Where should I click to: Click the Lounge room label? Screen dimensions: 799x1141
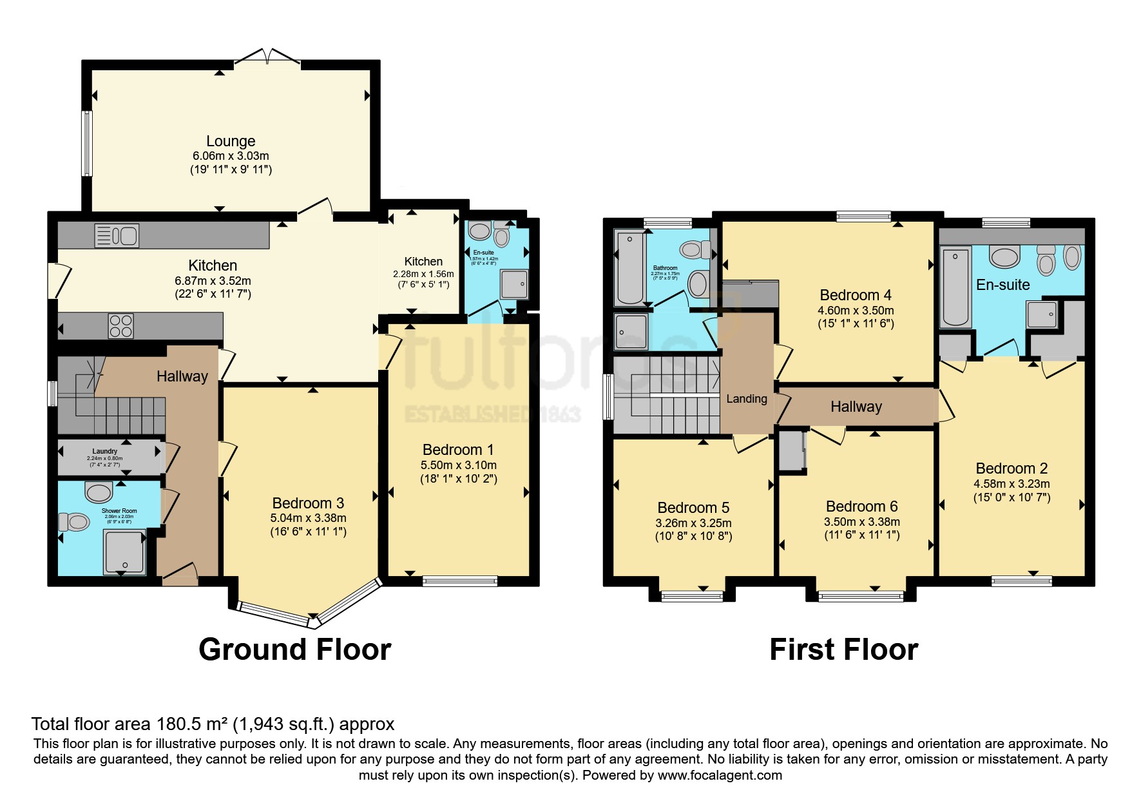pyautogui.click(x=231, y=141)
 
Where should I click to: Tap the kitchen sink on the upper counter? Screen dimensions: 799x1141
pyautogui.click(x=117, y=236)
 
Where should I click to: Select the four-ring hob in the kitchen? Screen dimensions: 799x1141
pyautogui.click(x=120, y=325)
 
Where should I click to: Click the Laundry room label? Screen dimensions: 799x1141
pyautogui.click(x=105, y=452)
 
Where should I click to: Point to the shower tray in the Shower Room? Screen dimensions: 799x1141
pyautogui.click(x=124, y=552)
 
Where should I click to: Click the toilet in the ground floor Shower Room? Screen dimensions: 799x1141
pyautogui.click(x=74, y=521)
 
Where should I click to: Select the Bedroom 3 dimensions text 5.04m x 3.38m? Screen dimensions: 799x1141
pyautogui.click(x=308, y=518)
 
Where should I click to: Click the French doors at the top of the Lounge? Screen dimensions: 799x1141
pyautogui.click(x=267, y=57)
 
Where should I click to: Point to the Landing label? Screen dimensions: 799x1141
pyautogui.click(x=747, y=399)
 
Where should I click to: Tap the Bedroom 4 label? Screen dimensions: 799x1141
pyautogui.click(x=856, y=295)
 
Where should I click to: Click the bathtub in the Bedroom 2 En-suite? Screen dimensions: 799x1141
pyautogui.click(x=955, y=287)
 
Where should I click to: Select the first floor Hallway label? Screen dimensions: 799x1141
pyautogui.click(x=856, y=407)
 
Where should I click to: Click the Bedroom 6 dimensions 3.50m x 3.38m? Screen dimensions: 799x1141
pyautogui.click(x=862, y=522)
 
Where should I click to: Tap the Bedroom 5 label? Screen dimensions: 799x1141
pyautogui.click(x=693, y=508)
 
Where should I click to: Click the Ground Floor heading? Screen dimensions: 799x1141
pyautogui.click(x=295, y=650)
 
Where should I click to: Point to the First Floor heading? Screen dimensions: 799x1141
pyautogui.click(x=843, y=650)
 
